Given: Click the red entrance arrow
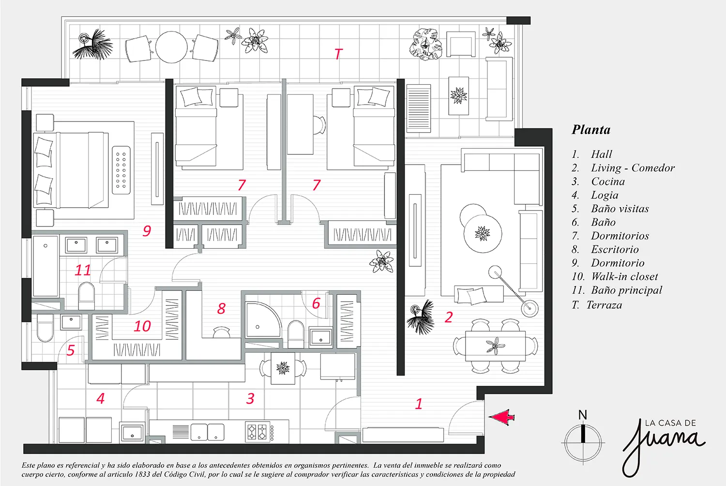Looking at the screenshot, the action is [x=501, y=417].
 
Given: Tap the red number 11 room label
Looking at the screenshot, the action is [x=83, y=270].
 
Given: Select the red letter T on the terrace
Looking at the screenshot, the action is [x=338, y=54].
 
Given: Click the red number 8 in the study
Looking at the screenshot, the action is [x=221, y=308].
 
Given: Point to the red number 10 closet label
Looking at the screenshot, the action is [x=142, y=326].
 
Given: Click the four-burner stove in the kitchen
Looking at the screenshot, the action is [x=258, y=431].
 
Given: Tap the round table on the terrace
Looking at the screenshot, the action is [x=171, y=47].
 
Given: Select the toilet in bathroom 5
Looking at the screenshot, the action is [x=45, y=328].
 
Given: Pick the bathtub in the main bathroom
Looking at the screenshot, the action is [x=45, y=266].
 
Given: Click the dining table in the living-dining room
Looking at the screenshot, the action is [x=495, y=346].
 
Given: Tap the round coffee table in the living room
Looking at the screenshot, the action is [x=483, y=233].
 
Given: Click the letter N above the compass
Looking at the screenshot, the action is [x=583, y=415].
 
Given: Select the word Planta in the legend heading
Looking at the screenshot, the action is [x=591, y=130].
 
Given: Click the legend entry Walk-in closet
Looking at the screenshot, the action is [x=624, y=276].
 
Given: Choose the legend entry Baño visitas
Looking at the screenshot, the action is [x=620, y=209].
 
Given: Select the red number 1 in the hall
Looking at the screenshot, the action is [x=419, y=404].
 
